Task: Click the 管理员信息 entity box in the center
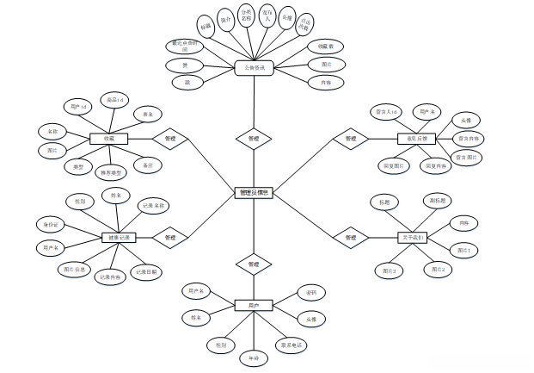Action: coord(254,193)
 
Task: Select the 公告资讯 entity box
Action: coord(254,68)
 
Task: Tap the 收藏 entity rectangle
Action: coord(109,138)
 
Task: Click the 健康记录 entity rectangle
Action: coord(116,237)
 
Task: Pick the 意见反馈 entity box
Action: coord(417,138)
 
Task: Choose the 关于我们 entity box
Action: coord(413,237)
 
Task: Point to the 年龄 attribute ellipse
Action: coord(254,357)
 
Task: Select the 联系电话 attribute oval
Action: coord(292,345)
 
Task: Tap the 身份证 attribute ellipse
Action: coord(52,225)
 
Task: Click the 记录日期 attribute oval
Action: coord(146,272)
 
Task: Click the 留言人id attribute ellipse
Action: coord(384,111)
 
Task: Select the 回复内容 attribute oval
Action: coord(435,165)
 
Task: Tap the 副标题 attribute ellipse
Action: coord(438,201)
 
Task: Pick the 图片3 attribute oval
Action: coord(390,270)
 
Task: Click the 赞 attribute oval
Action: coord(184,65)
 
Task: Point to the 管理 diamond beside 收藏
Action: coord(170,138)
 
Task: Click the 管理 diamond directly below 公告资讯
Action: coord(254,138)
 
